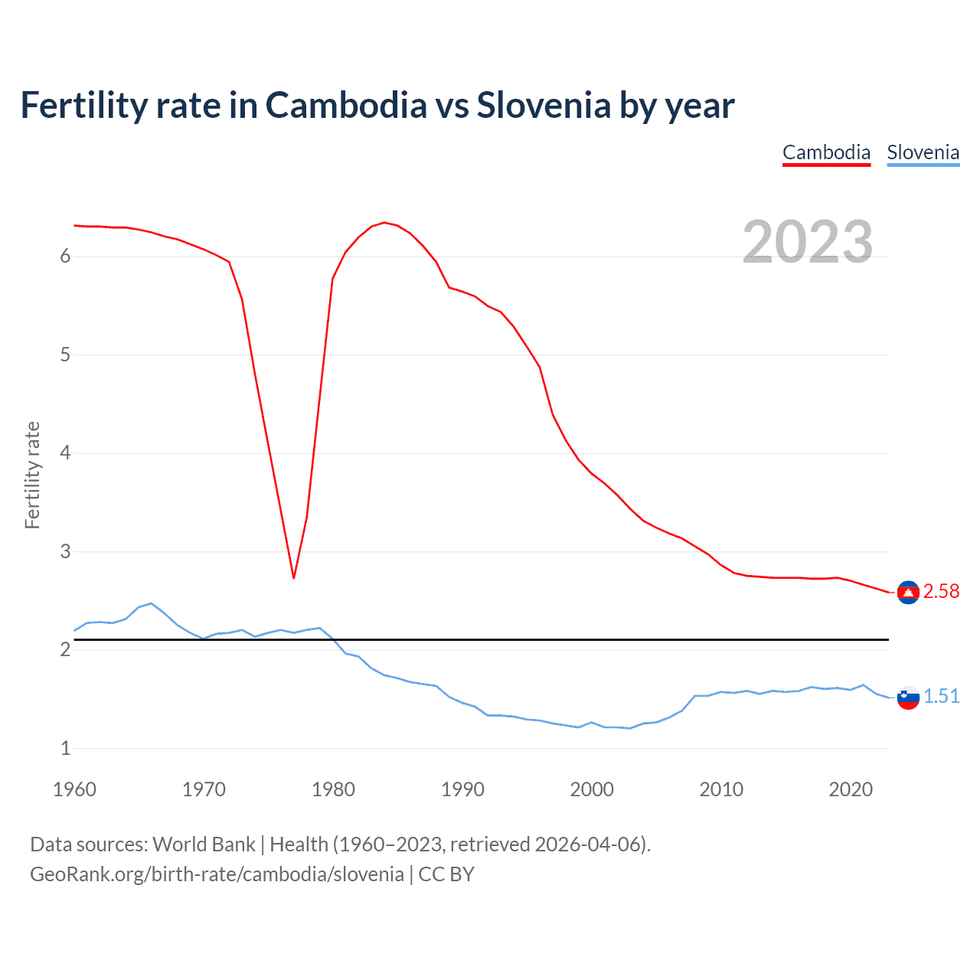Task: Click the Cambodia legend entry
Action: pos(826,152)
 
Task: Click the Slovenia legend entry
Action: pos(923,152)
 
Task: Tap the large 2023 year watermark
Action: pos(807,242)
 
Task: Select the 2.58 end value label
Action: pos(941,592)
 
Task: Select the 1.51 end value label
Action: pos(941,696)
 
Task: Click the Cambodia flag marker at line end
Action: pos(908,593)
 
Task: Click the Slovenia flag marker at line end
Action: pos(908,697)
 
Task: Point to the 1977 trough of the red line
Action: pos(293,577)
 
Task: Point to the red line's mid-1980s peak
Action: pos(384,223)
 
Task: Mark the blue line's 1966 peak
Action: pos(151,603)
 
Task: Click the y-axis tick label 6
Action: pos(65,256)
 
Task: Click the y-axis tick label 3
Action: pos(65,551)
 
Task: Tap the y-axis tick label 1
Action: pos(65,748)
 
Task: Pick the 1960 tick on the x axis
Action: pos(74,789)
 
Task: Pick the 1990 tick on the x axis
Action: pos(462,789)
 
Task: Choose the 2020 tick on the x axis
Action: pos(851,789)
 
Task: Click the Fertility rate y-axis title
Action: pos(32,475)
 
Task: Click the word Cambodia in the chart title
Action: pos(346,106)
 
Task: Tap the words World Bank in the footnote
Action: pos(204,844)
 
